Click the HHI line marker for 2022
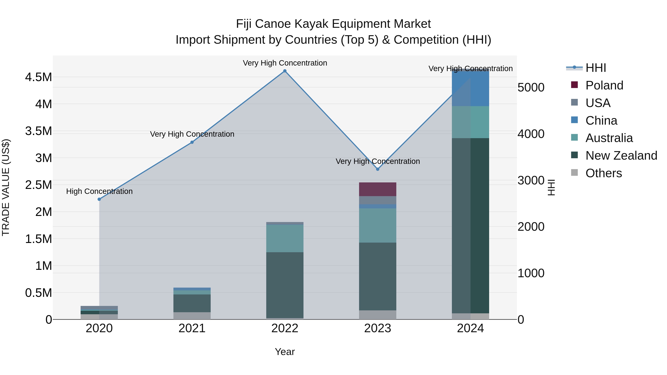pos(285,71)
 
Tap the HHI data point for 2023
pos(378,169)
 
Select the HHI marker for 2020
pos(99,199)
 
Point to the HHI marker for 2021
pos(192,142)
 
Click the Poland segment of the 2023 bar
pos(378,189)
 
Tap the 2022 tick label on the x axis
pos(285,328)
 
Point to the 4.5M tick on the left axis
pos(39,77)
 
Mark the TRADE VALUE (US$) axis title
pos(6,187)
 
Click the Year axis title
pos(285,352)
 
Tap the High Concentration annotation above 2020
pos(99,191)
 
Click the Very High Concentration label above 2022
pos(285,63)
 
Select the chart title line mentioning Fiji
pos(333,24)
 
